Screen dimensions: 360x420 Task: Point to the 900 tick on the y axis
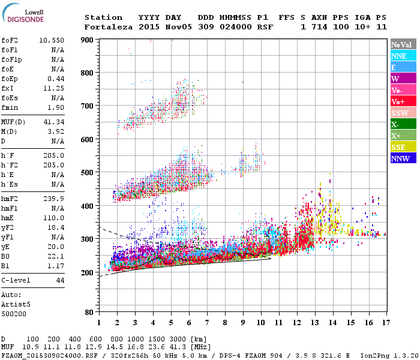[x=88, y=40]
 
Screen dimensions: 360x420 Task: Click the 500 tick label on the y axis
[x=88, y=173]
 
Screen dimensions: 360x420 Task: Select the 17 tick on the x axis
[x=385, y=322]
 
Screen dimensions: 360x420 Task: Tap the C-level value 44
[x=60, y=280]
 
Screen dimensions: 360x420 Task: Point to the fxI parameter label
[x=8, y=88]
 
